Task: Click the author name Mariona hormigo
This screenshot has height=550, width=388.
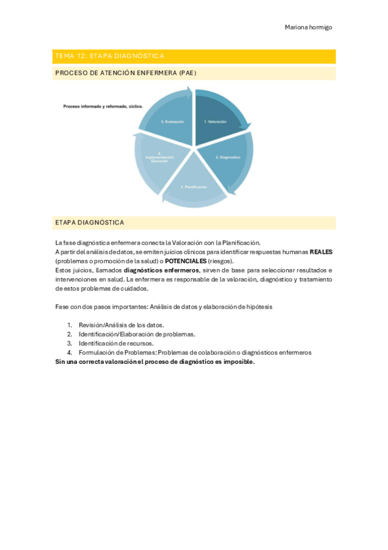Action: (308, 27)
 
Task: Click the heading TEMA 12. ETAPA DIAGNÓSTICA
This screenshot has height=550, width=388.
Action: (110, 56)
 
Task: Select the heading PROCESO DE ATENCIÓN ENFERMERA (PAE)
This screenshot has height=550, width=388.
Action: (126, 73)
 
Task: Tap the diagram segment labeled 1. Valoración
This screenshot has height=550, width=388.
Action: (216, 121)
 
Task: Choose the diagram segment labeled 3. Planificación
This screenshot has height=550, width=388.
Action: (194, 187)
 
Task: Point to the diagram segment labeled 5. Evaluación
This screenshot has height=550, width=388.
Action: (172, 121)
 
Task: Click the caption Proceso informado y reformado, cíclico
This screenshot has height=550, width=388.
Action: (102, 106)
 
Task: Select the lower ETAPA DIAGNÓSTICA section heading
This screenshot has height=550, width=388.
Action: (89, 222)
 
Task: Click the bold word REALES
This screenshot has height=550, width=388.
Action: (321, 252)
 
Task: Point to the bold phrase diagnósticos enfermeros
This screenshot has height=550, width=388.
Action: (161, 270)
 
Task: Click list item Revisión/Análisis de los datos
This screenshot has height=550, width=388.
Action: (121, 325)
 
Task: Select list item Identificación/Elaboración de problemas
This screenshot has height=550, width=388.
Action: (137, 334)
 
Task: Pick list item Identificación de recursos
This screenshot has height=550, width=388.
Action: (116, 343)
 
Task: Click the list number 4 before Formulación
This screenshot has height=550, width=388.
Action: (69, 353)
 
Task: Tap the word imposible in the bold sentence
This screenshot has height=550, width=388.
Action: (238, 362)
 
